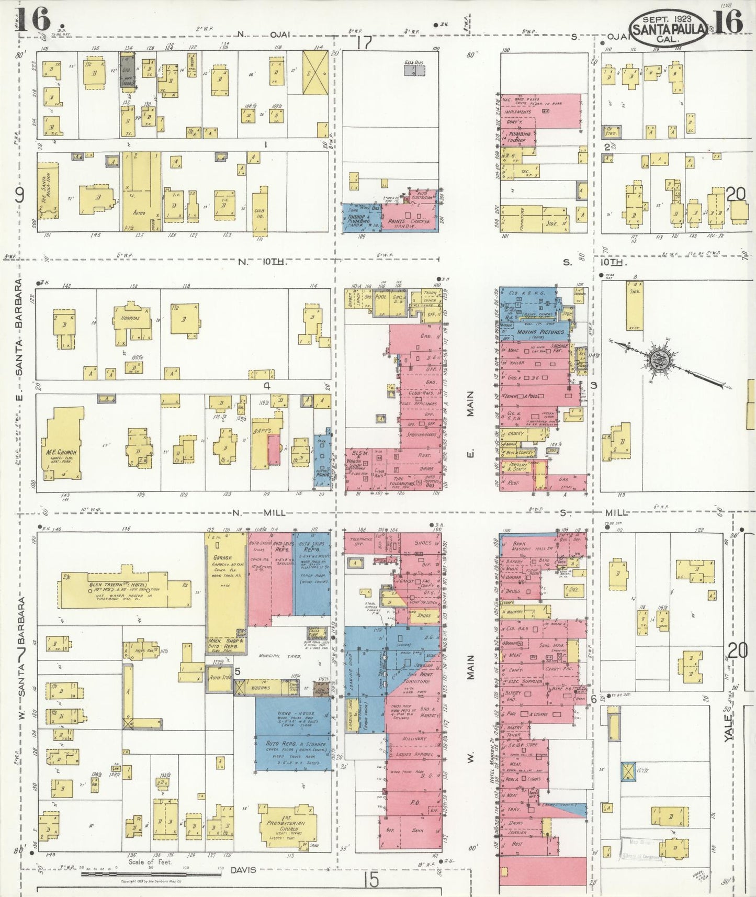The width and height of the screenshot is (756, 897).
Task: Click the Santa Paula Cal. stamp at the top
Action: click(x=670, y=29)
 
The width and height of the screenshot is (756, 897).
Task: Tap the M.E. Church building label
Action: click(x=63, y=452)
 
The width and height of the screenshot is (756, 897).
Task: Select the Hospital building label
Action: click(x=129, y=318)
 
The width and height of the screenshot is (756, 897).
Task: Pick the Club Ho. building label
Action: click(x=259, y=212)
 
